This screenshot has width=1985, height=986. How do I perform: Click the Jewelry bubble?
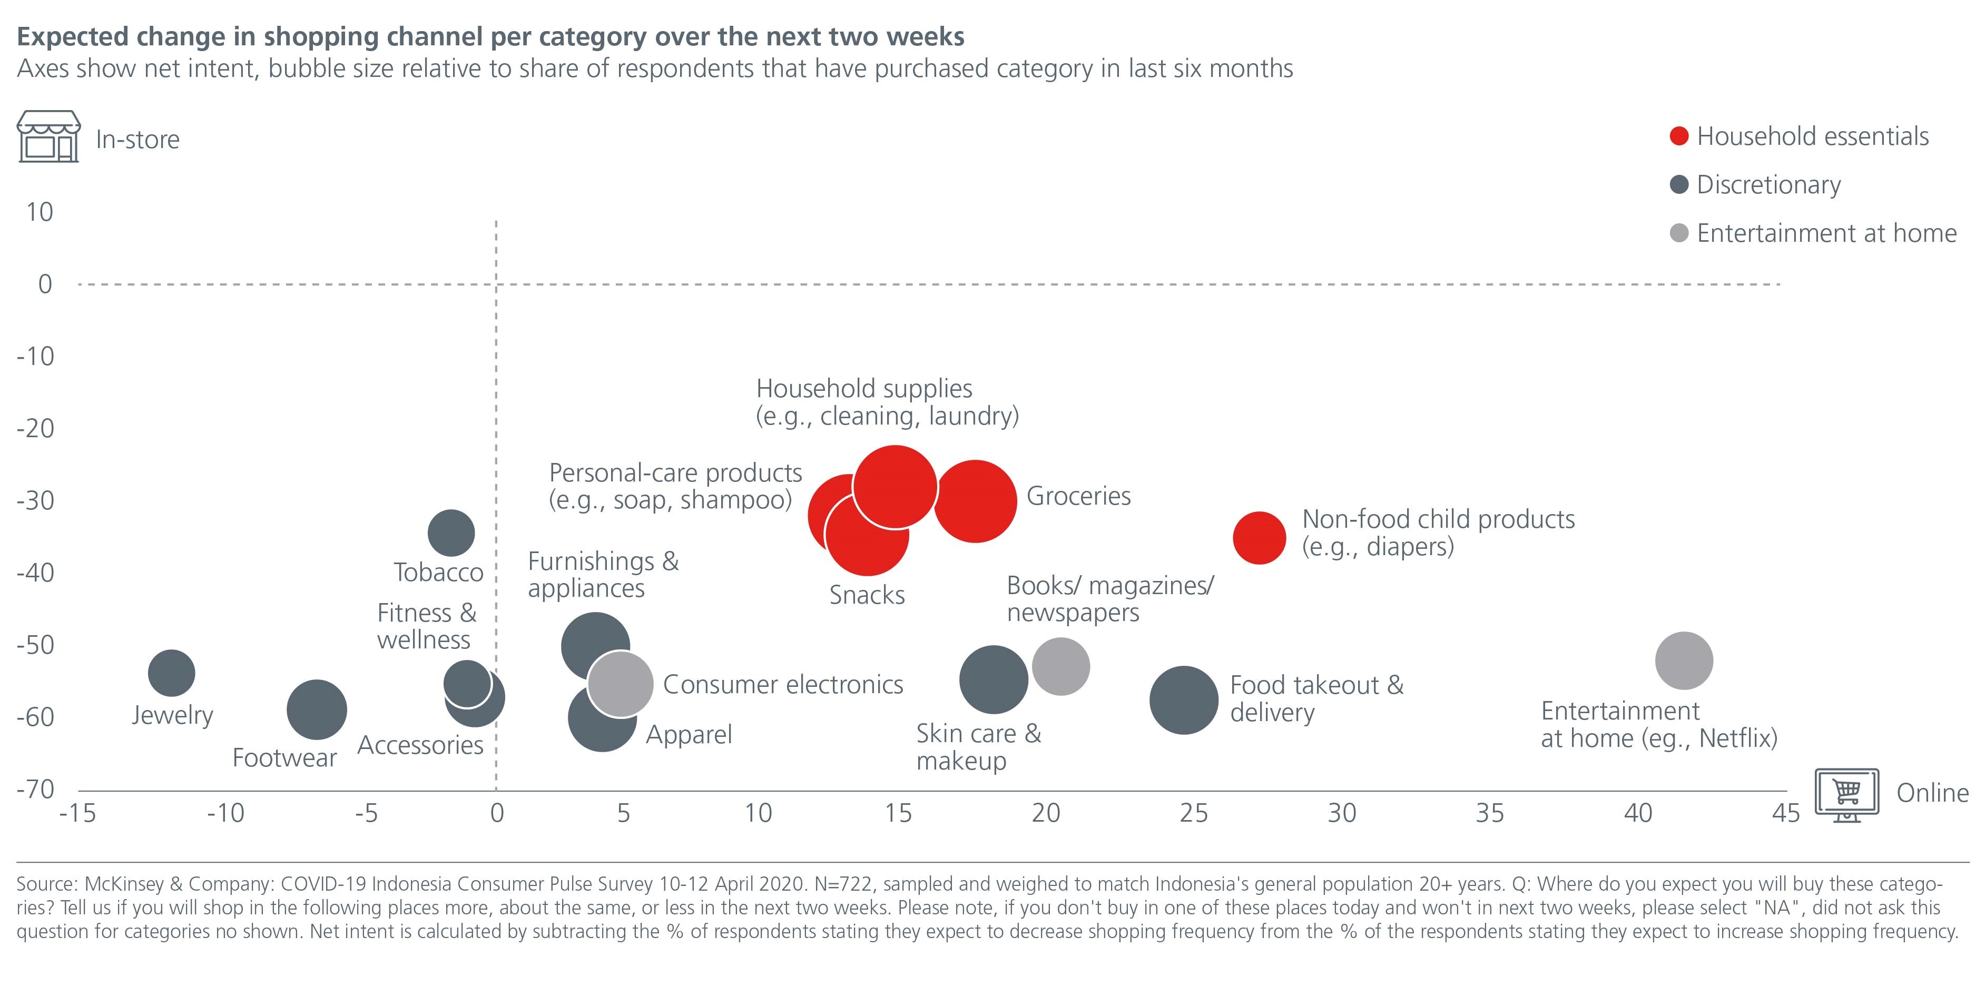click(171, 673)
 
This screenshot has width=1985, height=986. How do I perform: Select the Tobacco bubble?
click(451, 533)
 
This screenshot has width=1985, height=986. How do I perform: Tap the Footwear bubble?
click(316, 709)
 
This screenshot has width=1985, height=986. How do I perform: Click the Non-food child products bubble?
click(1259, 538)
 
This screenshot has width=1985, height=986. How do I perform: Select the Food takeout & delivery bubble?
click(1184, 700)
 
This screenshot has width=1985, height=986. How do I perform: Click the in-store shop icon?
click(48, 136)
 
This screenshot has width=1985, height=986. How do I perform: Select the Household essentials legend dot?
click(1679, 136)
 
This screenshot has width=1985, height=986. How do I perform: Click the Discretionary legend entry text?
click(1768, 185)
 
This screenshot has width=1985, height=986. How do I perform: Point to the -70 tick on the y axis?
click(35, 789)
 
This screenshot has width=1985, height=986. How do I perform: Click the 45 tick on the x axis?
click(1785, 813)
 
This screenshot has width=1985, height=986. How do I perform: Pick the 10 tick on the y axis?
click(40, 212)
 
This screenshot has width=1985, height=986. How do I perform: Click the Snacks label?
click(867, 596)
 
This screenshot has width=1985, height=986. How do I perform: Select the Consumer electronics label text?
click(783, 685)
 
